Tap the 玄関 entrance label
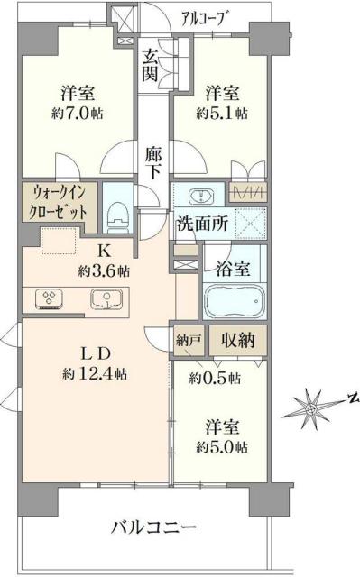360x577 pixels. coord(152,66)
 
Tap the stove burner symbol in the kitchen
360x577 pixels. coord(49,298)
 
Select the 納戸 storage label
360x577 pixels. coord(188,341)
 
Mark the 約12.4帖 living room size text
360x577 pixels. coord(94,372)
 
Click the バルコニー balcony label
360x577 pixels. coord(152,526)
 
